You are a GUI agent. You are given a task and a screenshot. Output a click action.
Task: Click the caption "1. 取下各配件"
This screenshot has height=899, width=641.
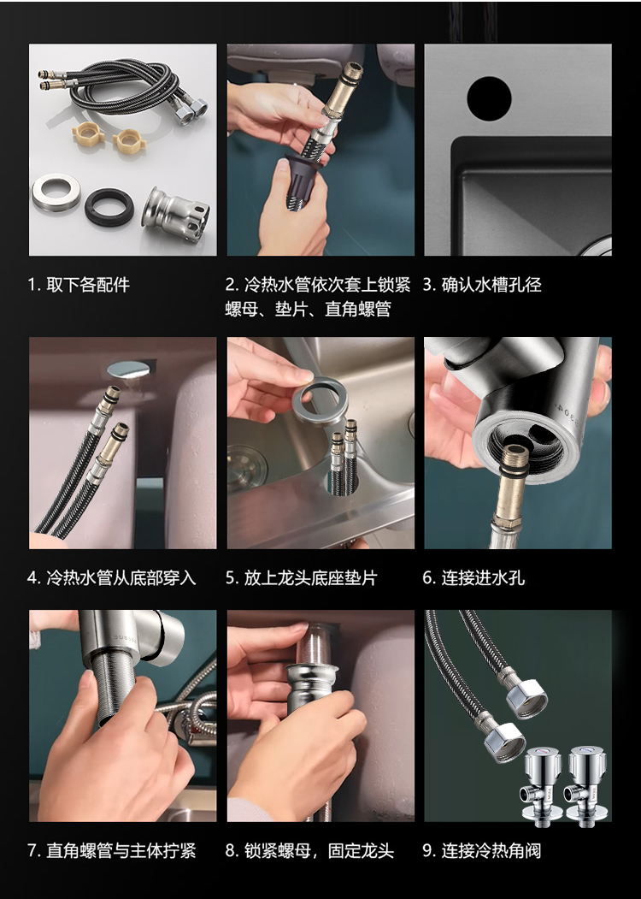pyautogui.click(x=79, y=284)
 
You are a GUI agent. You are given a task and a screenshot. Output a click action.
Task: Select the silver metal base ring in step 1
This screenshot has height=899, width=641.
pyautogui.click(x=56, y=192)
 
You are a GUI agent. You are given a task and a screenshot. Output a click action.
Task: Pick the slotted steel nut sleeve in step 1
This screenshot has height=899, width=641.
pyautogui.click(x=176, y=214)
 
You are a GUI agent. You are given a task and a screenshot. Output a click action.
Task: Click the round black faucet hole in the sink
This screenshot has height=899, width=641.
pyautogui.click(x=489, y=98)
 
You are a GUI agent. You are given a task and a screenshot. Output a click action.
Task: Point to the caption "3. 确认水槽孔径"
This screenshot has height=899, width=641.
pyautogui.click(x=482, y=284)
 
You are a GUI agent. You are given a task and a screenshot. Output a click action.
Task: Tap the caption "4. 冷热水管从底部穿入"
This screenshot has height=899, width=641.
pyautogui.click(x=112, y=577)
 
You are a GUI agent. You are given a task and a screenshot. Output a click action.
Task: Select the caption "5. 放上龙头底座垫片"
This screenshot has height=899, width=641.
pyautogui.click(x=302, y=577)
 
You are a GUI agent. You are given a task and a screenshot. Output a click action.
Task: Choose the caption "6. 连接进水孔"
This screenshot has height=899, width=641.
pyautogui.click(x=473, y=577)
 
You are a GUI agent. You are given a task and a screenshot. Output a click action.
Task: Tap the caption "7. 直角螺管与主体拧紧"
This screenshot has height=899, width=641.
pyautogui.click(x=112, y=850)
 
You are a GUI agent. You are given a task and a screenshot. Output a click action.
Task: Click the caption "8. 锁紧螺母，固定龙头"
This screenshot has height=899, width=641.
pyautogui.click(x=309, y=850)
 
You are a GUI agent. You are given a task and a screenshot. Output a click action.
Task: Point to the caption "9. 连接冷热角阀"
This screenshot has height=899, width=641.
pyautogui.click(x=482, y=850)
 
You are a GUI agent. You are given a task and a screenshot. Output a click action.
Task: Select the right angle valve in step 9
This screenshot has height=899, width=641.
pyautogui.click(x=585, y=785)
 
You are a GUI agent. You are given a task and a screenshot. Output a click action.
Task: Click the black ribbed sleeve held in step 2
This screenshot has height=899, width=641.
pyautogui.click(x=303, y=180)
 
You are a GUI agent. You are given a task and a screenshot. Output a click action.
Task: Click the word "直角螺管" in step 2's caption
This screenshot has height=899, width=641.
pyautogui.click(x=357, y=310)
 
